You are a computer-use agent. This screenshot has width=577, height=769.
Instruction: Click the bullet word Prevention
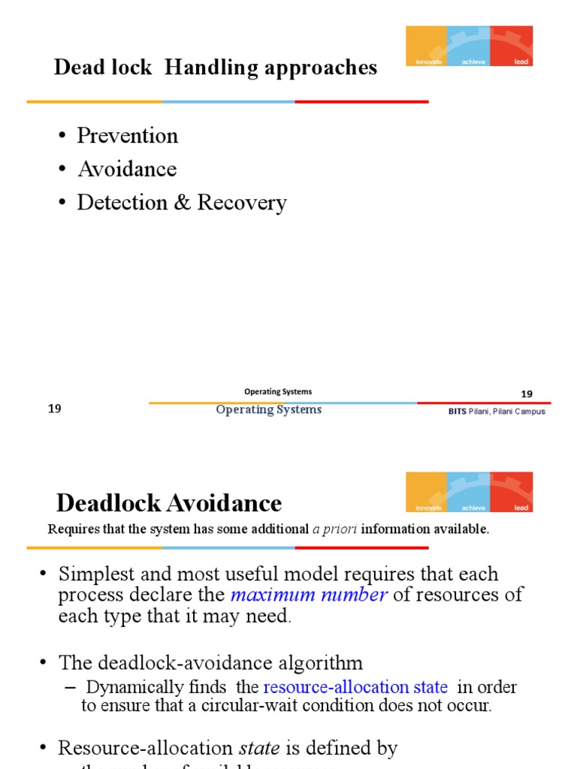[x=128, y=136]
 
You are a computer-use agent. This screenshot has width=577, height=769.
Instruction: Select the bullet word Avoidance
[x=127, y=169]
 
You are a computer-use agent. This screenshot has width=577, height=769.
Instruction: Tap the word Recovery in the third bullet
[x=242, y=203]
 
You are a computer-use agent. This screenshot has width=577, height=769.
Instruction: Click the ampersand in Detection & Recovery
[x=182, y=203]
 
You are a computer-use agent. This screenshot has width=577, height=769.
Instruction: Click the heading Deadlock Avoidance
[x=169, y=502]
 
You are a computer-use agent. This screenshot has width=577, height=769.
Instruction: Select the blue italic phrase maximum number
[x=309, y=596]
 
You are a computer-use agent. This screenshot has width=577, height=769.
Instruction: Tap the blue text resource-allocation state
[x=355, y=687]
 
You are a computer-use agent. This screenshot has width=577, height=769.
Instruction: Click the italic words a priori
[x=334, y=529]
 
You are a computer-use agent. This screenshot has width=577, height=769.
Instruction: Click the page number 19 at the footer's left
[x=54, y=409]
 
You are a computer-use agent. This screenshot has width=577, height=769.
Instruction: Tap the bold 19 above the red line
[x=526, y=395]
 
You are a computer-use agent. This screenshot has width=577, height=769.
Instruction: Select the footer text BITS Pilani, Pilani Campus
[x=497, y=412]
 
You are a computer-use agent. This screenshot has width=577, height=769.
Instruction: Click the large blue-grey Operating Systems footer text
[x=268, y=410]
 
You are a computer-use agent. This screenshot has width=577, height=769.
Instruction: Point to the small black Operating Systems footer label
[x=278, y=391]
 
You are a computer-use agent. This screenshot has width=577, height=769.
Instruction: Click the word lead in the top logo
[x=521, y=62]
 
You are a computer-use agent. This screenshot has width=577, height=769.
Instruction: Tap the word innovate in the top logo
[x=428, y=62]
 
